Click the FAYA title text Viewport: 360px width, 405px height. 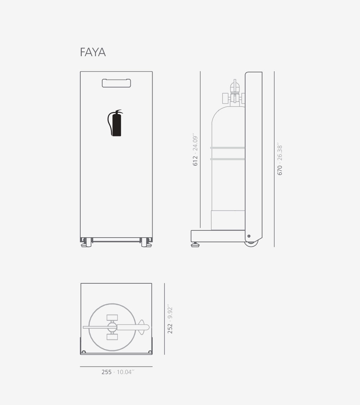(x=93, y=52)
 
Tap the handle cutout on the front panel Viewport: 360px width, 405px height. (x=116, y=83)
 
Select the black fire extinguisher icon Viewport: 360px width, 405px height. (x=115, y=123)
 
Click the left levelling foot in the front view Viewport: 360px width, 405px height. (x=86, y=243)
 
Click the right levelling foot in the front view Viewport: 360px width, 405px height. (x=146, y=243)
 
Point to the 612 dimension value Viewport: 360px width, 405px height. (x=195, y=161)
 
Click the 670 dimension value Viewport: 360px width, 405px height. (x=280, y=170)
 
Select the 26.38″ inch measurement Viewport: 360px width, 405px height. (x=280, y=153)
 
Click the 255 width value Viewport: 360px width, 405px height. (x=107, y=372)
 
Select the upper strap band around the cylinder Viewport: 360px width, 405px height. (x=228, y=148)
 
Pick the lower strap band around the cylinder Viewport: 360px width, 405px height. (x=228, y=159)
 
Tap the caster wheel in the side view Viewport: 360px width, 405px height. (x=251, y=243)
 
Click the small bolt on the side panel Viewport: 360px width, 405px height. (x=249, y=236)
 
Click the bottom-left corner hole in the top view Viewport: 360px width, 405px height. (x=84, y=352)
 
